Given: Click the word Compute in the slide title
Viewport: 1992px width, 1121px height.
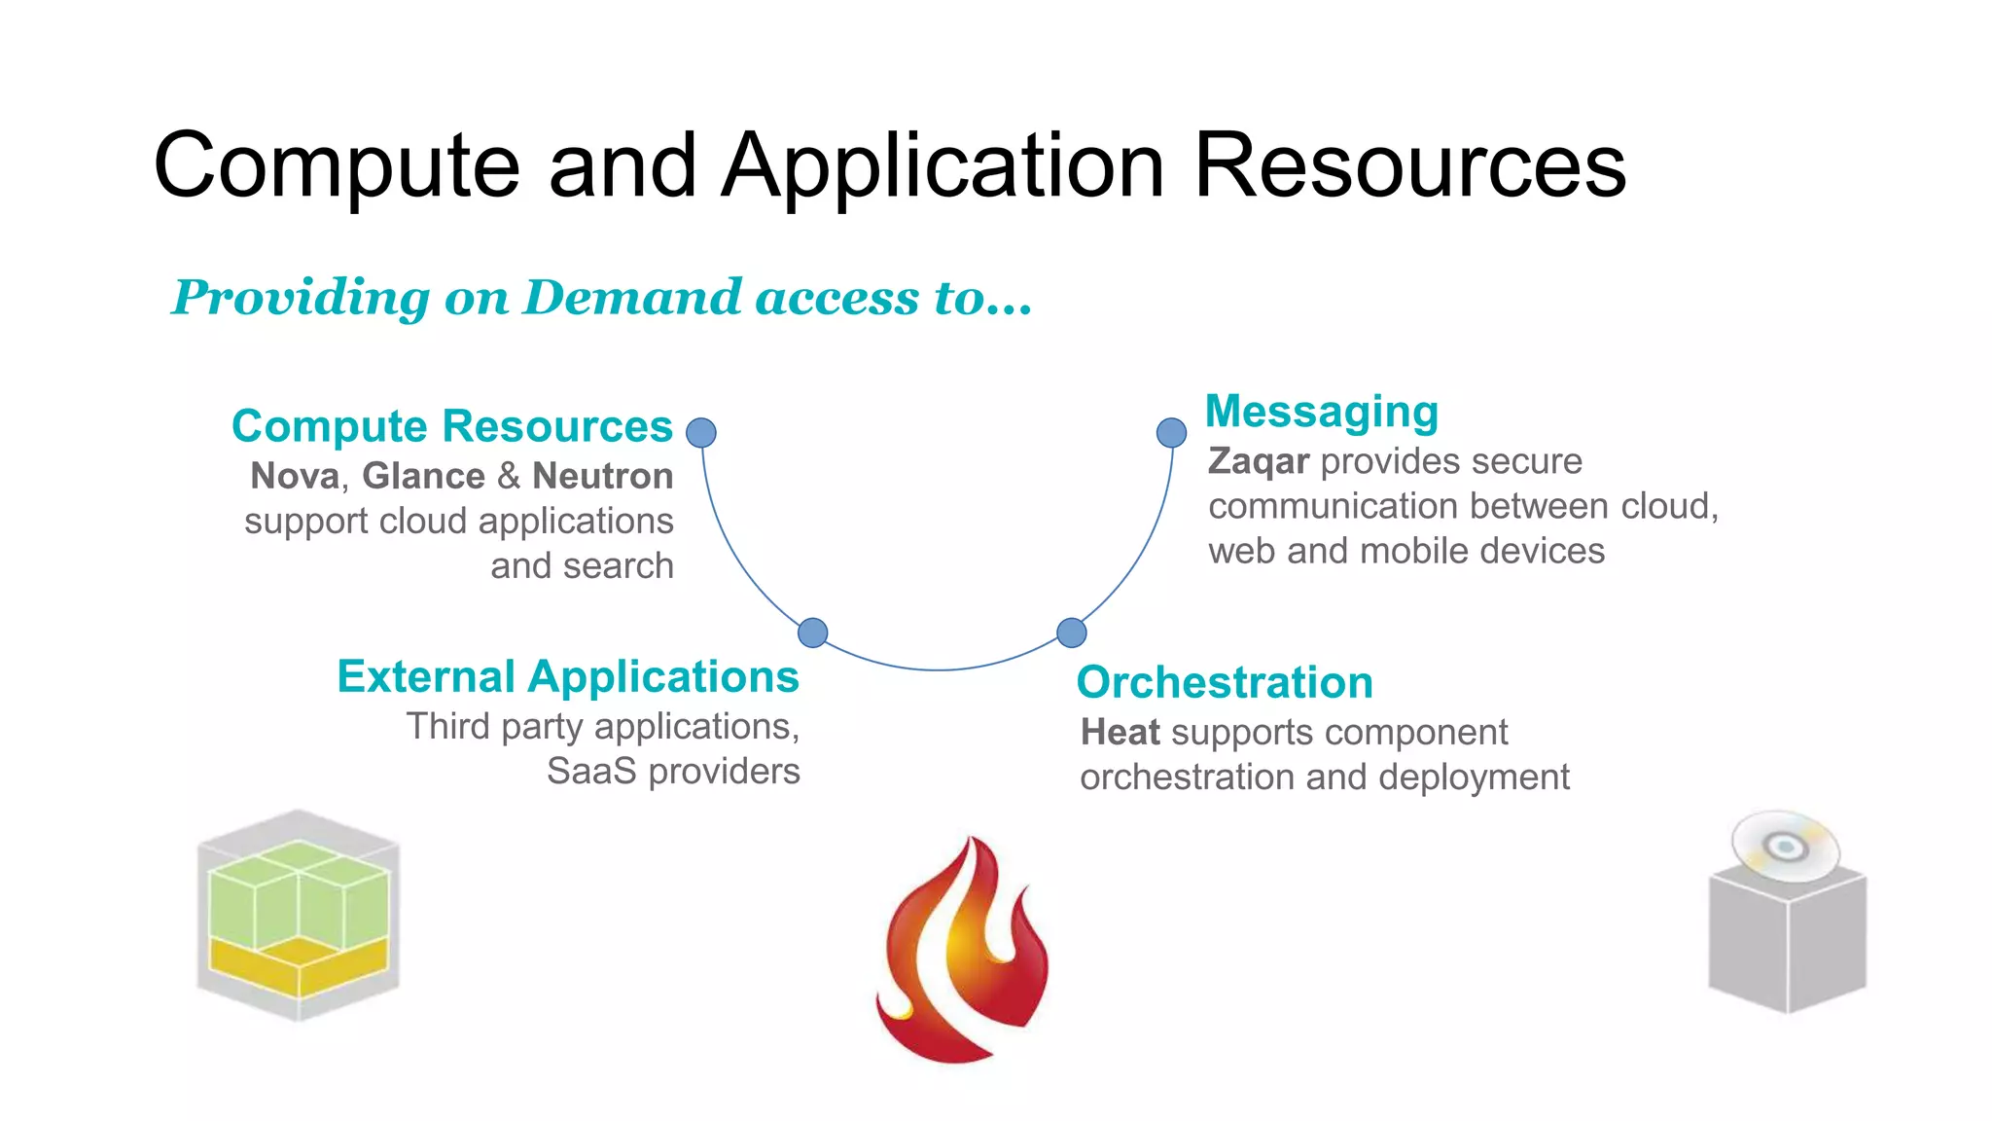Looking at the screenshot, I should point(337,166).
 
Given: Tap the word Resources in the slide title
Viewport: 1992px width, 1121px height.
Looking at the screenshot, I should point(1409,166).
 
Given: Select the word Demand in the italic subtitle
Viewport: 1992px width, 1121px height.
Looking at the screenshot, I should point(633,297).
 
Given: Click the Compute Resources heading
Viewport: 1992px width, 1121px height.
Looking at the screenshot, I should point(452,426).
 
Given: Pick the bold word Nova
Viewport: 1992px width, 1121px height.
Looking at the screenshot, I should point(295,476).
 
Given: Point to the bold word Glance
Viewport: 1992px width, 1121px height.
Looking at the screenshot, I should point(423,476).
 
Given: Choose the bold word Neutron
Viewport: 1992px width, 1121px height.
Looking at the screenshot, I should point(603,476).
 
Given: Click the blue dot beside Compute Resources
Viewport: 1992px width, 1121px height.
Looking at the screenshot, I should point(701,433).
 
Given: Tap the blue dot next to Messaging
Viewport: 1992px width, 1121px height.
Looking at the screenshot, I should point(1171,433).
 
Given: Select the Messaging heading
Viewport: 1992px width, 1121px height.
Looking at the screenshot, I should point(1322,412).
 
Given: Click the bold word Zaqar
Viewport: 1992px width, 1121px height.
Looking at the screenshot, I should point(1259,461).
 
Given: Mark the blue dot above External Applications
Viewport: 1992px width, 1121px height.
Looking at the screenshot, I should point(812,633).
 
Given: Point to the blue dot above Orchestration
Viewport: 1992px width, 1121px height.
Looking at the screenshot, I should point(1071,633).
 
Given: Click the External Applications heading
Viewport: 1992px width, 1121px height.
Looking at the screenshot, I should point(568,676).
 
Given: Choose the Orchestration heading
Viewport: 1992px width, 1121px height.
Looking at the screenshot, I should point(1225,682).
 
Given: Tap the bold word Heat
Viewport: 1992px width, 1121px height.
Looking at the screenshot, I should point(1120,733).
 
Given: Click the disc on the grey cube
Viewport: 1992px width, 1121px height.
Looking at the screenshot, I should point(1786,846).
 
